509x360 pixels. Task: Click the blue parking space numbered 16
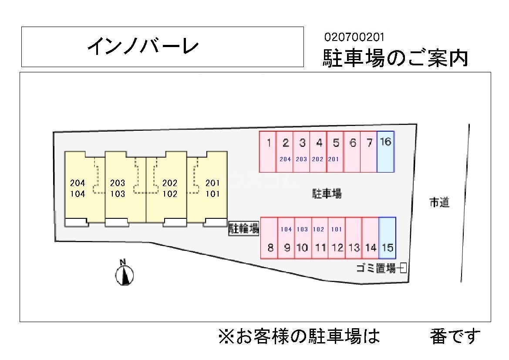coord(385,151)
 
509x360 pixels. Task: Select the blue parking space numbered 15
coord(387,238)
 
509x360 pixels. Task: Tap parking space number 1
coord(268,151)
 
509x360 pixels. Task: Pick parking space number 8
coord(270,238)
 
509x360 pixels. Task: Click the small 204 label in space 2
coord(285,160)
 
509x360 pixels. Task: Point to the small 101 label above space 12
coord(336,229)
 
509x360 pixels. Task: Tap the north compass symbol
coord(125,273)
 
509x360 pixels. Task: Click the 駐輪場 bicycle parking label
coord(244,228)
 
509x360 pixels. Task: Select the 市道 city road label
coord(439,203)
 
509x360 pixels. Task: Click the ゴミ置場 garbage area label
coord(376,268)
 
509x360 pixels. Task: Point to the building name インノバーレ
coord(143,47)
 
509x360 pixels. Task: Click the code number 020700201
coord(354,37)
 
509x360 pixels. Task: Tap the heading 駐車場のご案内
coord(395,58)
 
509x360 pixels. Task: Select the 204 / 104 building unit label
coord(78,188)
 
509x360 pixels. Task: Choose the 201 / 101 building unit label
coord(212,188)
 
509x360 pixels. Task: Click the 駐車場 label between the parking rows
coord(327,194)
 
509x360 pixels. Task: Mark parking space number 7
coord(369,151)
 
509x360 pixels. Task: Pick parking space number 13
coord(354,238)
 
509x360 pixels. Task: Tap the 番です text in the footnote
coord(455,336)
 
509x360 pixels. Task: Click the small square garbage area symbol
coord(403,268)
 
